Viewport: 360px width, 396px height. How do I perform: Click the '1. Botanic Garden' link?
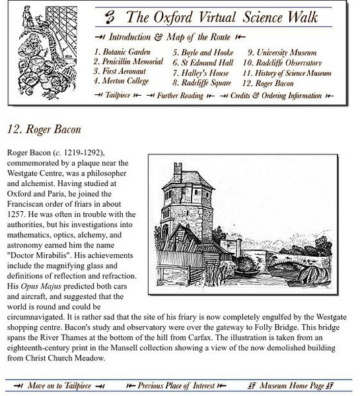pos(122,52)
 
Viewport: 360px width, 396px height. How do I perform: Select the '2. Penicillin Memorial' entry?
pos(128,61)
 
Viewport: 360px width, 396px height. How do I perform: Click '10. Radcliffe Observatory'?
pos(286,63)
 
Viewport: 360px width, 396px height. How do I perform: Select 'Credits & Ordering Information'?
pos(276,96)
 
